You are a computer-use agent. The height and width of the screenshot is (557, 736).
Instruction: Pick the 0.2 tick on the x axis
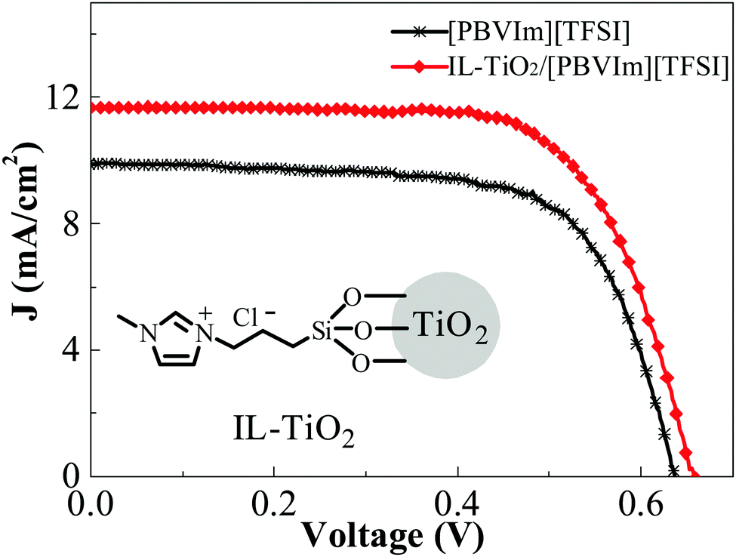click(274, 499)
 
